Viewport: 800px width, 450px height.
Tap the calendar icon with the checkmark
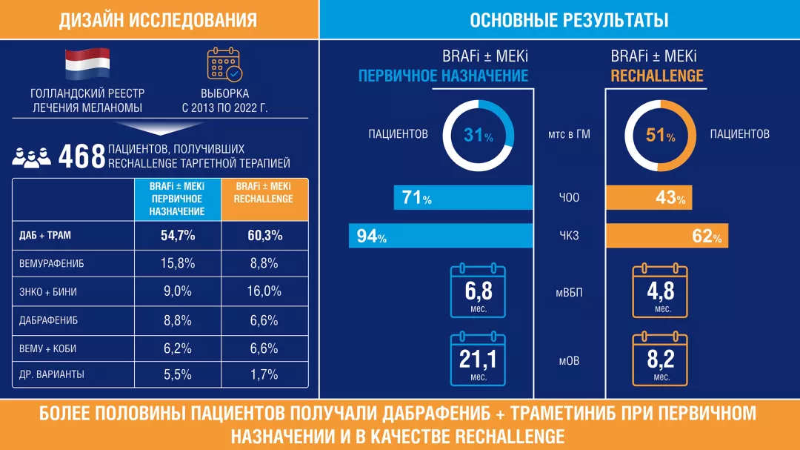pos(224,64)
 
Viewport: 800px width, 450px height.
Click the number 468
pos(81,156)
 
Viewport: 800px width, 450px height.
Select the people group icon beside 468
pos(32,157)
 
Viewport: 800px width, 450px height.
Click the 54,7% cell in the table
pos(177,236)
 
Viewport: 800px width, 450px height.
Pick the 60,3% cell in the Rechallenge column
pos(264,236)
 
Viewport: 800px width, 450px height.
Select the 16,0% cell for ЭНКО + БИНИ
pos(264,291)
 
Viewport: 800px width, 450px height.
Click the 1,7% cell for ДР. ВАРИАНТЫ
pos(264,374)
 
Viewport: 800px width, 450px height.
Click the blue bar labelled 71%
pos(464,198)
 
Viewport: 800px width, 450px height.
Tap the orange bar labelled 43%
pos(650,198)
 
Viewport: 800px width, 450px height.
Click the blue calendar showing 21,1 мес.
pos(478,360)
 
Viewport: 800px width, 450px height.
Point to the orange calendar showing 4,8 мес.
pos(659,291)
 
